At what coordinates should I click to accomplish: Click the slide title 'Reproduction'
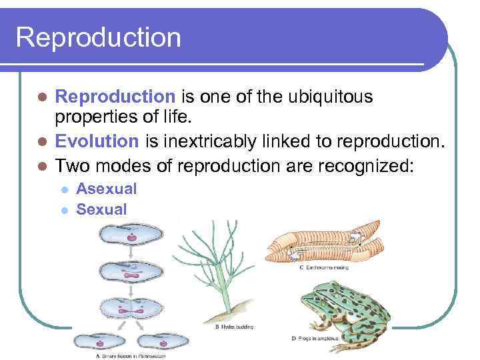coord(99,37)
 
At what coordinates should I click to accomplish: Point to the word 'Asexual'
coord(107,189)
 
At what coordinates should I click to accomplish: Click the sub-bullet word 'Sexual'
coord(101,209)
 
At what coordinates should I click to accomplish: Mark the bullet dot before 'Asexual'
coord(64,189)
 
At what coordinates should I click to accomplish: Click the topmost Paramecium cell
coord(131,235)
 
